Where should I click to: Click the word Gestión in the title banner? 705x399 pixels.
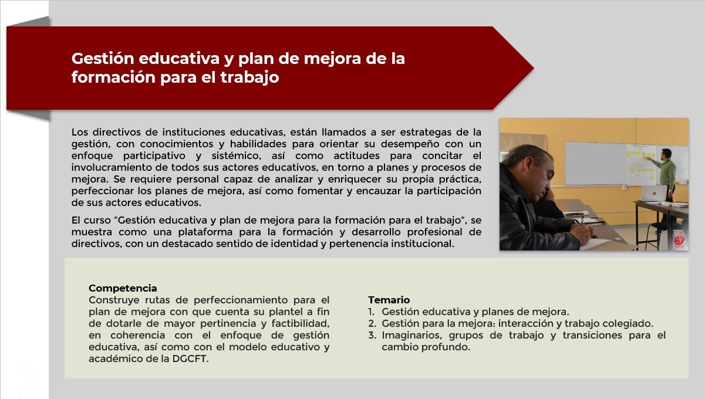click(103, 59)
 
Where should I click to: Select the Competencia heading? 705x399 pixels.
click(123, 288)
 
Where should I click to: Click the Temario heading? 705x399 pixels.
click(389, 300)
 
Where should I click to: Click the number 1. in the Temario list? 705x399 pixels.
click(372, 312)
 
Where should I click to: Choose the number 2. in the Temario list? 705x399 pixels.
click(372, 323)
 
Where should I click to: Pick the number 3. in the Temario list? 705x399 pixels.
click(372, 335)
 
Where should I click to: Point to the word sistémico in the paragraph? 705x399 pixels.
click(236, 155)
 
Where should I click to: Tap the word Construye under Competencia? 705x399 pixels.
click(114, 300)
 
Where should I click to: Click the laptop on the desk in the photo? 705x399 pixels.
click(653, 193)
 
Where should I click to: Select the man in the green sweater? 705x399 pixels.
click(665, 185)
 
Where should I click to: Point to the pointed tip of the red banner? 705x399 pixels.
click(534, 68)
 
